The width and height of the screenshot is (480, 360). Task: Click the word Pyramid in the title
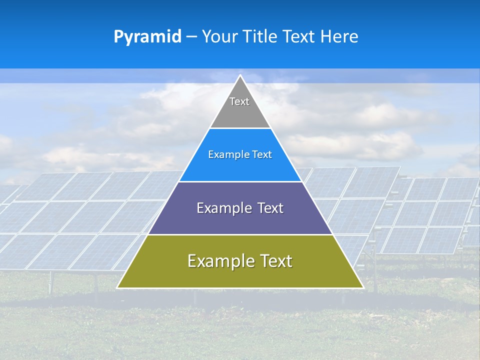(147, 37)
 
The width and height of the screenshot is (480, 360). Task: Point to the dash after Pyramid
(191, 37)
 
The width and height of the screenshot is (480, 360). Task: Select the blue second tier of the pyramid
(240, 167)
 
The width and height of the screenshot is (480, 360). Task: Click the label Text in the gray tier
(239, 101)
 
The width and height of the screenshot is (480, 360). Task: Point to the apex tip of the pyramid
(240, 76)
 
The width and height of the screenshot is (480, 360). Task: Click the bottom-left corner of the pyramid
(118, 287)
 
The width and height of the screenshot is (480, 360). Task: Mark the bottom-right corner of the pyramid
(362, 287)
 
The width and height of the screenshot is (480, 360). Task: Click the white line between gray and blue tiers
(240, 128)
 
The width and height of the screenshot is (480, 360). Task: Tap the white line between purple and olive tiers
(240, 234)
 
